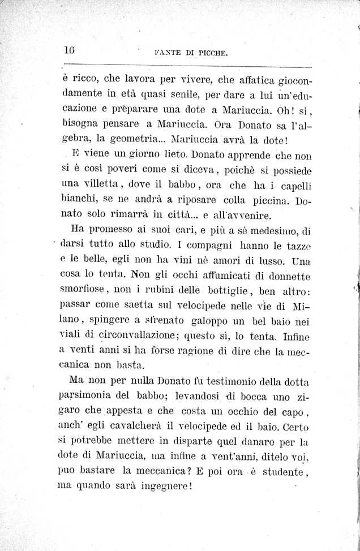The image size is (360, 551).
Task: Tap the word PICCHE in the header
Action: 211,55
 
